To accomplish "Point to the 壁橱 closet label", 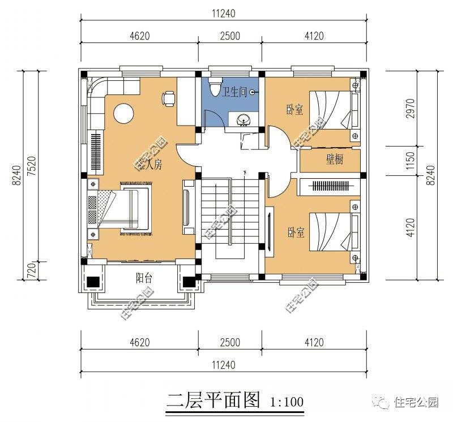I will point(334,160).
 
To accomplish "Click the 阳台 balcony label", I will point(143,278).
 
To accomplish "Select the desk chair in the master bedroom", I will point(169,98).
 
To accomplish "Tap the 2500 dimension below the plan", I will point(230,342).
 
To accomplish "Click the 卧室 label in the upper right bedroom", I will point(294,110).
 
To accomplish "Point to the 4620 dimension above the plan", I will point(139,36).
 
